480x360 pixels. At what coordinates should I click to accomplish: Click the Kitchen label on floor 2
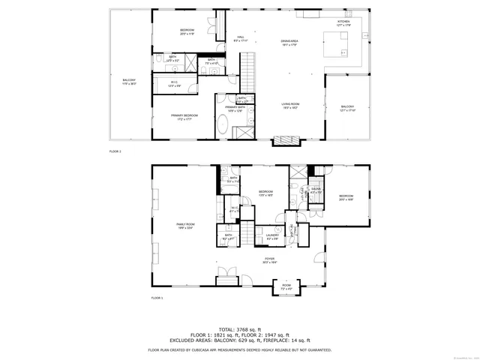(343, 23)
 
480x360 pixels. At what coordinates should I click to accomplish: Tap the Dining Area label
(290, 43)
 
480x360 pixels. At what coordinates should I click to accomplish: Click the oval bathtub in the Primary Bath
(223, 124)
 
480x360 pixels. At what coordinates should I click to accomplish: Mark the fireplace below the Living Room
(285, 140)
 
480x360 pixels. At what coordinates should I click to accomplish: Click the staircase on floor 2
(247, 75)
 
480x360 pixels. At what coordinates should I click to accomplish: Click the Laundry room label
(271, 236)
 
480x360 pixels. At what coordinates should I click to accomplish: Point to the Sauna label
(316, 192)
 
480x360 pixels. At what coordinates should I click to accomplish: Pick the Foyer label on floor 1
(270, 261)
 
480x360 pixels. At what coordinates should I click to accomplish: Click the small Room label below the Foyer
(286, 286)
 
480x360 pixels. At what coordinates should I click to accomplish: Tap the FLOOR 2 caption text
(115, 151)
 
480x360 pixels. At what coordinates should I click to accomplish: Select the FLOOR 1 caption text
(157, 298)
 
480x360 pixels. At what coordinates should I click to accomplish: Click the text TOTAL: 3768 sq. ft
(240, 328)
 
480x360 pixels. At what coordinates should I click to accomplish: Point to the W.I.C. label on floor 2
(174, 84)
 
